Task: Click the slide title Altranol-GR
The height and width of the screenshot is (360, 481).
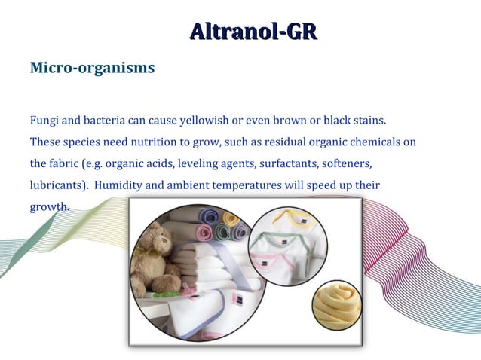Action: tap(253, 31)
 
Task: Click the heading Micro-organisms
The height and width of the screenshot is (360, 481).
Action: tap(92, 68)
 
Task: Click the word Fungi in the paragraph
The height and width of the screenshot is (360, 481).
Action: tap(44, 120)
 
